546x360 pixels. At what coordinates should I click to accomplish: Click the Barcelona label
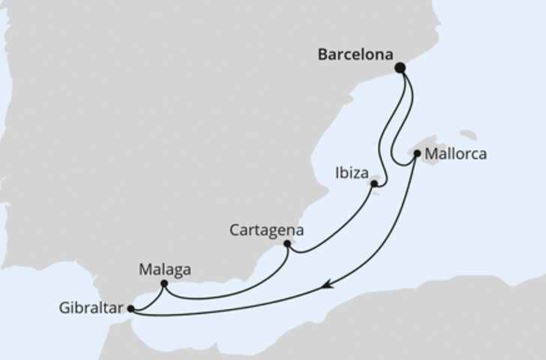click(x=355, y=55)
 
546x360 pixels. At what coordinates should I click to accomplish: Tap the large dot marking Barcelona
click(x=400, y=67)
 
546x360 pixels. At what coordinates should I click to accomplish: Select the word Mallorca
click(x=455, y=154)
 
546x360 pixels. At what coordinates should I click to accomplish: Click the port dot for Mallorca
click(x=417, y=153)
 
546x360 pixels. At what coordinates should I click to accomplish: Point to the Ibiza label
click(x=351, y=174)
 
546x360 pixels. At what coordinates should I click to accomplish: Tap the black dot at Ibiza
click(x=373, y=183)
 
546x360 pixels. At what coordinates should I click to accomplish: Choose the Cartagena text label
click(x=266, y=230)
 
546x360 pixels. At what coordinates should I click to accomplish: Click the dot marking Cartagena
click(x=287, y=243)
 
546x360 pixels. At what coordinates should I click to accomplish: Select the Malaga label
click(x=165, y=269)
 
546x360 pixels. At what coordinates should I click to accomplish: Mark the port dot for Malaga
click(x=163, y=283)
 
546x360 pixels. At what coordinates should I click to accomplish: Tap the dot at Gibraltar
click(x=130, y=308)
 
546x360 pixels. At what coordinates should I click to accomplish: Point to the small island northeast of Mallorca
click(x=468, y=135)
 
